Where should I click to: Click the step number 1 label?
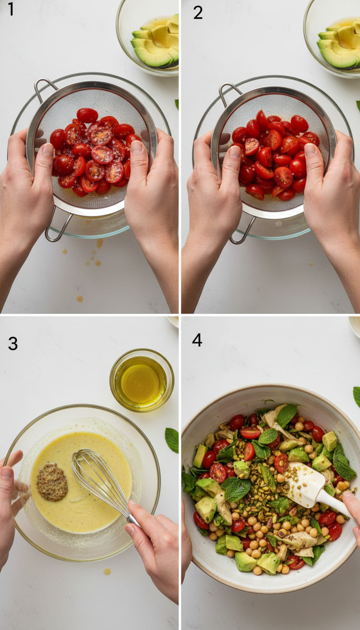click(x=11, y=9)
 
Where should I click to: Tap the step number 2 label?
click(x=198, y=12)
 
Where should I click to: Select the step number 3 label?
click(x=13, y=343)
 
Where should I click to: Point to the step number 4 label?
click(x=197, y=340)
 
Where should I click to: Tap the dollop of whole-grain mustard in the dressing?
click(x=52, y=482)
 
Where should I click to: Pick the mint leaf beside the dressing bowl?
click(x=172, y=440)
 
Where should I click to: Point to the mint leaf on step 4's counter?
click(x=357, y=396)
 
